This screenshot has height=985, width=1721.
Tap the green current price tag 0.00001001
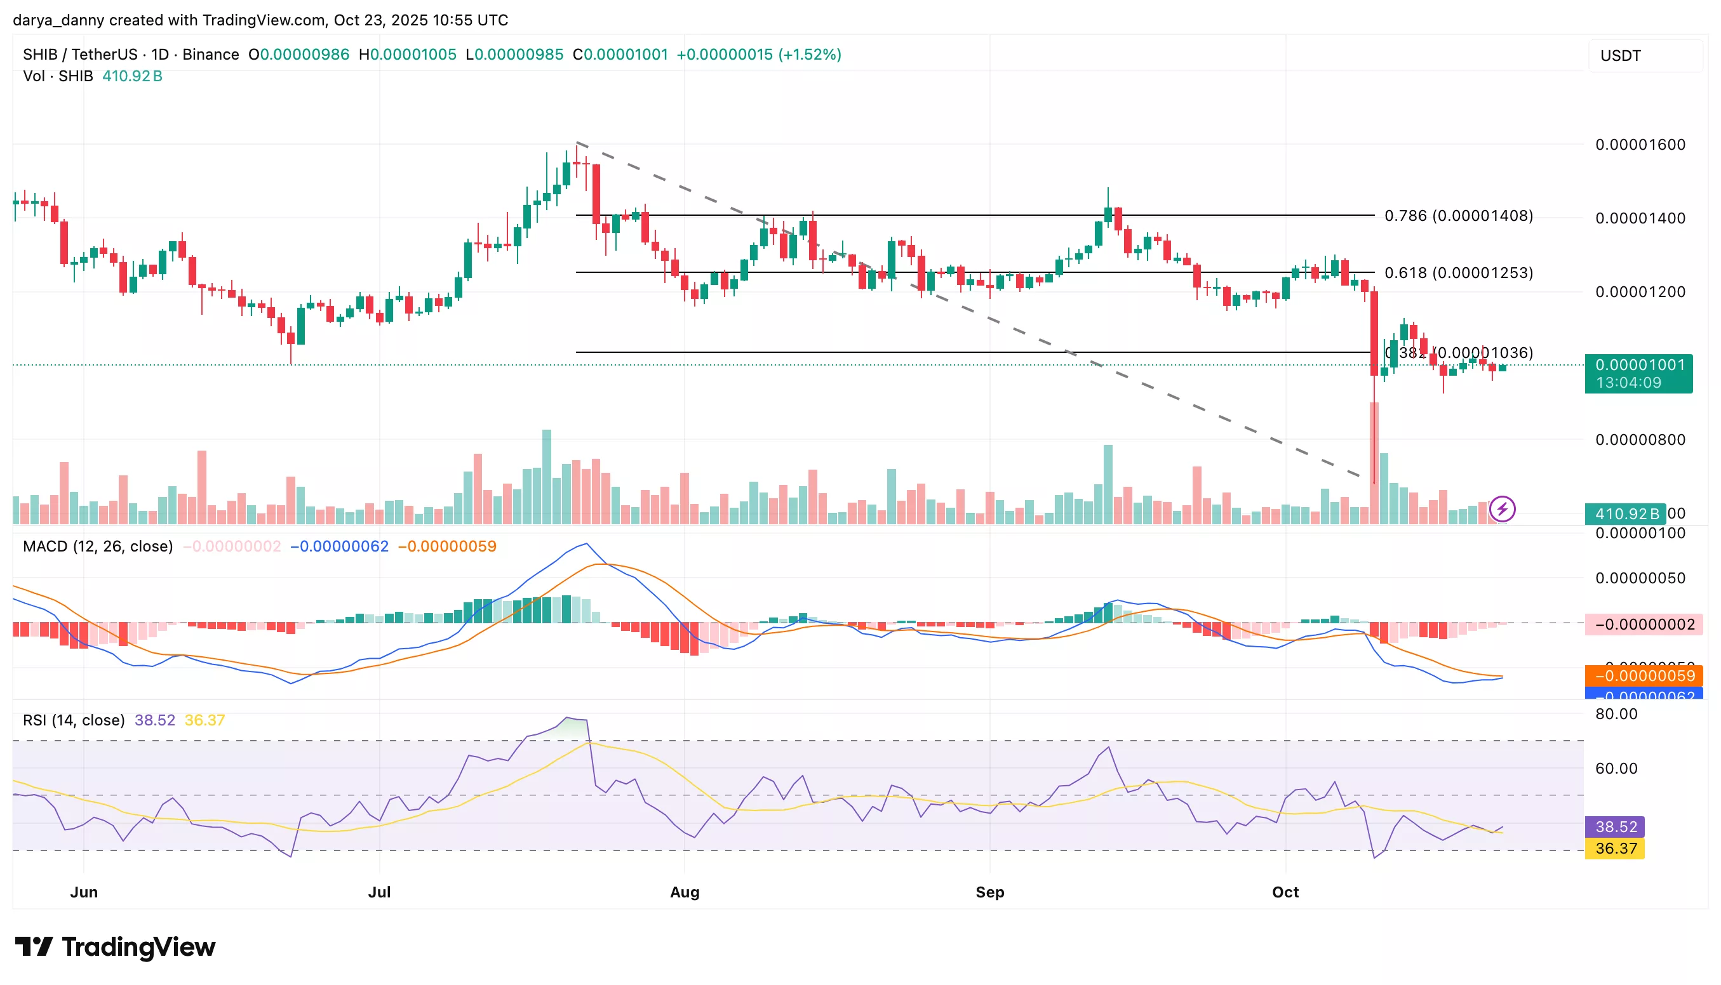tap(1638, 366)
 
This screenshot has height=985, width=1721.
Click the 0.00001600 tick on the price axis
tap(1640, 145)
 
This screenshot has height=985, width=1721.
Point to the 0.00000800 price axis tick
tap(1640, 440)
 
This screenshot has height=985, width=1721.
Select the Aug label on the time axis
tap(684, 892)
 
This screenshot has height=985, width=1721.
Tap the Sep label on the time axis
tap(989, 892)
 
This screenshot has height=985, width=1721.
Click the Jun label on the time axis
tap(84, 892)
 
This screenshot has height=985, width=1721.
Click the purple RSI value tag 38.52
tap(1616, 827)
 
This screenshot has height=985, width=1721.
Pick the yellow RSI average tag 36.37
tap(1616, 849)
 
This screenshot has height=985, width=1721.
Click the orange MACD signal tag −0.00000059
tap(1644, 676)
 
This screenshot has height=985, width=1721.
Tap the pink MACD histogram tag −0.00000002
tap(1644, 624)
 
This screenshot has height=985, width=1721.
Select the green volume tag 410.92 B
tap(1626, 513)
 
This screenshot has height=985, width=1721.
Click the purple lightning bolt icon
tap(1503, 509)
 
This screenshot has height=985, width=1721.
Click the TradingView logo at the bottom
tap(115, 946)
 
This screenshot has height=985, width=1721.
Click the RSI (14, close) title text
tap(74, 720)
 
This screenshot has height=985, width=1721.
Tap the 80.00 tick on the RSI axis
tap(1616, 714)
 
